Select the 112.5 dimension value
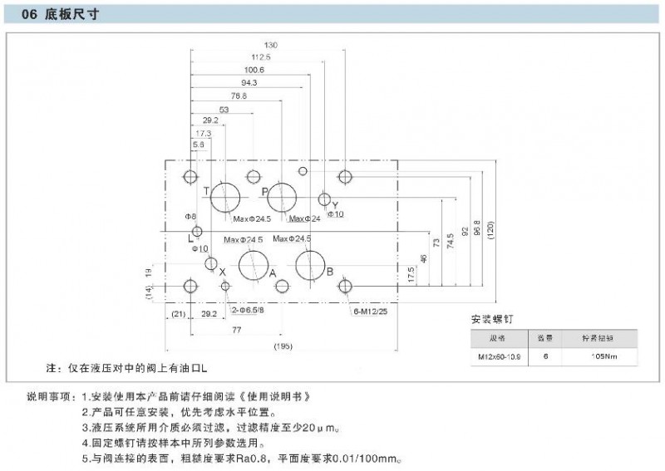[261, 57]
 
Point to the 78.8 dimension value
[239, 96]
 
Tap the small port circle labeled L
[197, 231]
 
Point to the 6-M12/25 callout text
[370, 312]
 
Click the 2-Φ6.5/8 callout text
[249, 311]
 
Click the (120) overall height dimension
[490, 232]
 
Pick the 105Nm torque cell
[603, 356]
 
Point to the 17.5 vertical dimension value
[411, 275]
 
